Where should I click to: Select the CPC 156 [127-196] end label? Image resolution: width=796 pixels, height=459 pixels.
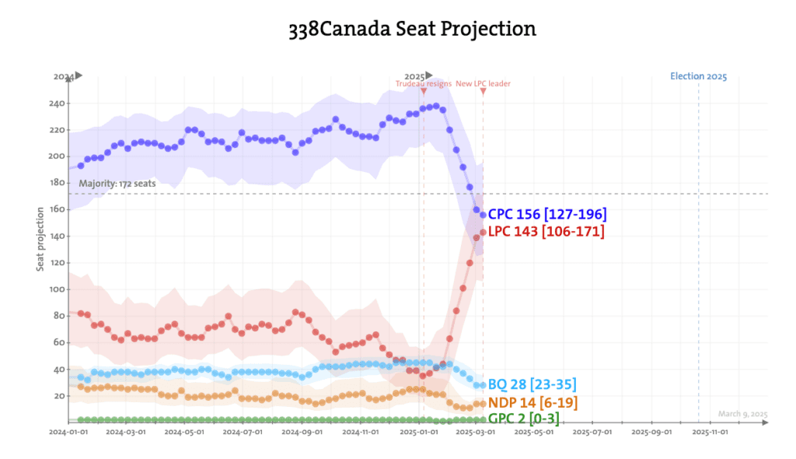pyautogui.click(x=547, y=214)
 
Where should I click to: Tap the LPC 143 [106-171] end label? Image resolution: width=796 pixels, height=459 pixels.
pyautogui.click(x=546, y=231)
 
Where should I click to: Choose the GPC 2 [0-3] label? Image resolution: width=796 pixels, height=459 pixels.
pyautogui.click(x=523, y=419)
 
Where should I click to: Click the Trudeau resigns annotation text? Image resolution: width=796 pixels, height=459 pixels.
pyautogui.click(x=423, y=84)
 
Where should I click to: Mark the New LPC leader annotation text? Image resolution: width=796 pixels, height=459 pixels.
pyautogui.click(x=483, y=84)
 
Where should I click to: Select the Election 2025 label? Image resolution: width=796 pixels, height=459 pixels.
pyautogui.click(x=698, y=76)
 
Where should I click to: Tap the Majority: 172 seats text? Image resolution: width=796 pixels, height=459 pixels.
pyautogui.click(x=117, y=184)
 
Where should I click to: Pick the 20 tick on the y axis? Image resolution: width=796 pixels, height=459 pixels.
pyautogui.click(x=61, y=396)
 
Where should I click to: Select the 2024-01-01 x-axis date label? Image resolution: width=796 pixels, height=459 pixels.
pyautogui.click(x=68, y=430)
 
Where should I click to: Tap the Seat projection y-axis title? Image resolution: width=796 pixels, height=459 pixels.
pyautogui.click(x=40, y=240)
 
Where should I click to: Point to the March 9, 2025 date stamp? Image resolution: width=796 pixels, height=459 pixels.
pyautogui.click(x=742, y=414)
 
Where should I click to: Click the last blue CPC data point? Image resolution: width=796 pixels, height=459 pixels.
pyautogui.click(x=483, y=215)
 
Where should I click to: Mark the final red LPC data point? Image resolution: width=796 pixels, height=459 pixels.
pyautogui.click(x=483, y=232)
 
